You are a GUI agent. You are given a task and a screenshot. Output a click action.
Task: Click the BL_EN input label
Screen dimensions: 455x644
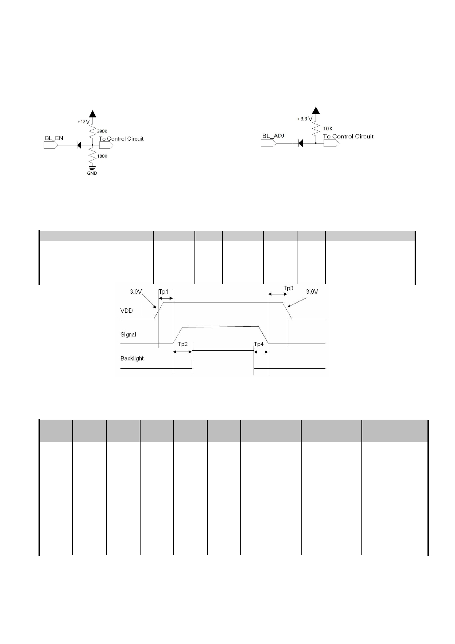[54, 138]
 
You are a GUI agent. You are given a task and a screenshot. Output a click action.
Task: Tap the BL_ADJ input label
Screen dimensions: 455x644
[273, 136]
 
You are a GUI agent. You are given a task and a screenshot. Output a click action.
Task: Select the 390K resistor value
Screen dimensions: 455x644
[102, 131]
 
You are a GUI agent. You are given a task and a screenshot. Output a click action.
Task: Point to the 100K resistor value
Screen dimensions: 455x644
[102, 156]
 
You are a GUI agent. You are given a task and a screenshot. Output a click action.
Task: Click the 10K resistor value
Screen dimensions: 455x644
[328, 129]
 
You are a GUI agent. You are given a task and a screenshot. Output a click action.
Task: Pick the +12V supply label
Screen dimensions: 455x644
[83, 122]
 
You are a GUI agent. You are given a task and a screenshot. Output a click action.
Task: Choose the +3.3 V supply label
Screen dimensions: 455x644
[305, 119]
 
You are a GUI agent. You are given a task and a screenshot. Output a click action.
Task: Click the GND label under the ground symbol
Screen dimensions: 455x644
[92, 173]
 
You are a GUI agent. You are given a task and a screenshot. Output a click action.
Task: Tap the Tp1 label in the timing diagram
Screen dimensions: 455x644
[164, 292]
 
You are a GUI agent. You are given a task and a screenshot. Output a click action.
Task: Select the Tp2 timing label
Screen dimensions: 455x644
[183, 344]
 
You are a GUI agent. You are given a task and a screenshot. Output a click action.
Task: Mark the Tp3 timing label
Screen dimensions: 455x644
[289, 288]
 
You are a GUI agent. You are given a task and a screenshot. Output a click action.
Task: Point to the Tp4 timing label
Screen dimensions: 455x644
[259, 344]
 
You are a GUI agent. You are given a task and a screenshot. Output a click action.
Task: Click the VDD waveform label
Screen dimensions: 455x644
[127, 311]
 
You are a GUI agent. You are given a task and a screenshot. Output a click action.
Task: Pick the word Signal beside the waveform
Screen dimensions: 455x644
[128, 334]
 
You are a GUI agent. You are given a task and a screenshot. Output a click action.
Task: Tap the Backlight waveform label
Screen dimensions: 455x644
[132, 358]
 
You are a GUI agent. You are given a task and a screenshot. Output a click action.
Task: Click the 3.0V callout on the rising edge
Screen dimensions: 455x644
[136, 292]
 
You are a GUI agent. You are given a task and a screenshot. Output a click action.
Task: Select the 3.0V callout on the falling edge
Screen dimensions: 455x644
[312, 292]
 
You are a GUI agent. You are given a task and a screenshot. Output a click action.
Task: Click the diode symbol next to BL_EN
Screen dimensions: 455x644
[79, 145]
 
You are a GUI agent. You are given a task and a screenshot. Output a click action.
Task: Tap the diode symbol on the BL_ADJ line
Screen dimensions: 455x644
[301, 143]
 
